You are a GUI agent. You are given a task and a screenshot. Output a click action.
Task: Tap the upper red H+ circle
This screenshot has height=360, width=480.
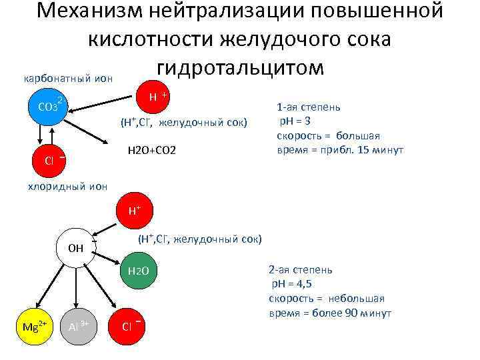click(155, 97)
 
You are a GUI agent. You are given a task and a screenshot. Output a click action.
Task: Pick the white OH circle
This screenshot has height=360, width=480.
click(75, 248)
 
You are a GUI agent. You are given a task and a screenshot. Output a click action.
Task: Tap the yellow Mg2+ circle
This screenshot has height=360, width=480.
click(33, 326)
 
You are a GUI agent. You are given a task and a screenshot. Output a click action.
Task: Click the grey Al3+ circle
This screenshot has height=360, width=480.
click(78, 326)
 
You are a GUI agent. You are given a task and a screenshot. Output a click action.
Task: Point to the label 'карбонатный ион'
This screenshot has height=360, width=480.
click(68, 79)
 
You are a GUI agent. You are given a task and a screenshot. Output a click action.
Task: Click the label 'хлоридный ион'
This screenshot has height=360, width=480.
click(66, 187)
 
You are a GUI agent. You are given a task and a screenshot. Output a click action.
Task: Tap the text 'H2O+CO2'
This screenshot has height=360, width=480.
click(151, 151)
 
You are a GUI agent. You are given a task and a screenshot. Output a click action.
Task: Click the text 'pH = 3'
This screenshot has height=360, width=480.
click(295, 120)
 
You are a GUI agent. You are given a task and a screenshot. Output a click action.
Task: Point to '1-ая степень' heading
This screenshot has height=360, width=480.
click(309, 107)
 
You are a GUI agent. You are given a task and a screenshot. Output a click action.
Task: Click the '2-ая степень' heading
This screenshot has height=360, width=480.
click(300, 270)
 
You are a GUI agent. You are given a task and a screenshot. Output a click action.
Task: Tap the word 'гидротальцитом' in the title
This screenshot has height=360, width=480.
click(240, 67)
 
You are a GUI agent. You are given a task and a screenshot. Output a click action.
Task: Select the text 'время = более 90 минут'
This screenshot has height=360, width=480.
click(330, 313)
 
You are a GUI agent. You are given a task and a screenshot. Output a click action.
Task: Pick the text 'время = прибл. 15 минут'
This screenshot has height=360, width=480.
click(339, 149)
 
